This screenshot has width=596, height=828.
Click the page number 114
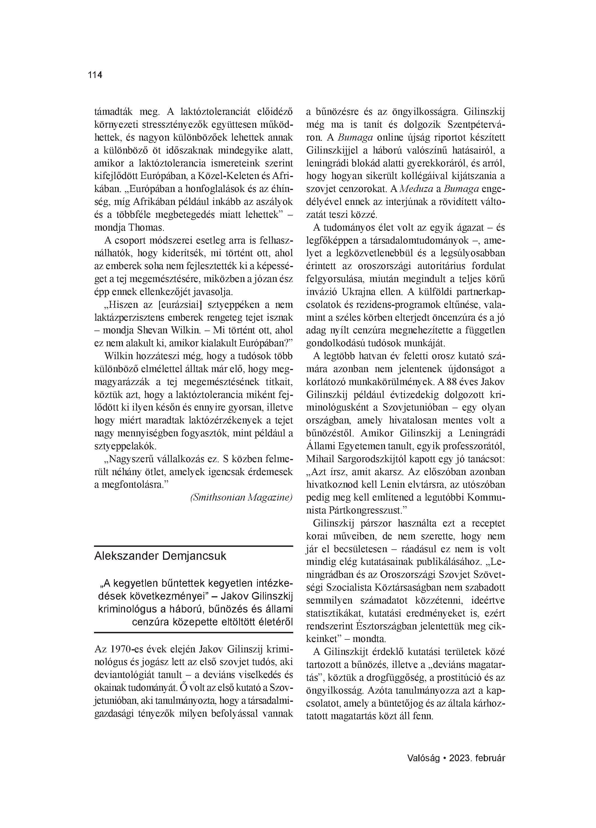click(95, 75)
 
